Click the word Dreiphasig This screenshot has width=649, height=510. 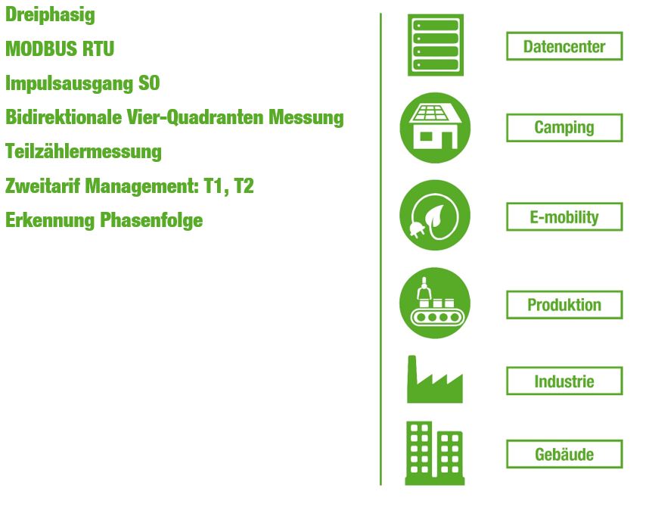tap(50, 15)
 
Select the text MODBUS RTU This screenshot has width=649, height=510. tap(60, 48)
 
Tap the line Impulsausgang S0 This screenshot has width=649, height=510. tap(82, 84)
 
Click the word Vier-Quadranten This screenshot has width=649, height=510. tap(195, 117)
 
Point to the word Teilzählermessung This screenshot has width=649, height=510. tap(83, 151)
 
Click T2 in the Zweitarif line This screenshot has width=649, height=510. tap(244, 186)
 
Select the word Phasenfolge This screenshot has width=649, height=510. tap(151, 220)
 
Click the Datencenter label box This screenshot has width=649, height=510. tap(564, 46)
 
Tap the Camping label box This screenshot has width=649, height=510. tap(564, 127)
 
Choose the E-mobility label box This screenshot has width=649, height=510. tap(564, 217)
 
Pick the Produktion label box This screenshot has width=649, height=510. tap(564, 305)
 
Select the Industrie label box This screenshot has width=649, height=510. tap(564, 381)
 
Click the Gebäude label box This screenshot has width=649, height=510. tap(564, 454)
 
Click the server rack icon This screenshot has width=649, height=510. tap(436, 45)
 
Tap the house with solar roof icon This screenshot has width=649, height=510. tap(435, 127)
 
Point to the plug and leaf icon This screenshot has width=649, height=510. tap(435, 215)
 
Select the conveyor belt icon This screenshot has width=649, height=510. tap(435, 303)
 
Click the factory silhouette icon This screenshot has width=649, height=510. tap(435, 379)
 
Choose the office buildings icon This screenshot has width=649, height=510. tap(435, 453)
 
